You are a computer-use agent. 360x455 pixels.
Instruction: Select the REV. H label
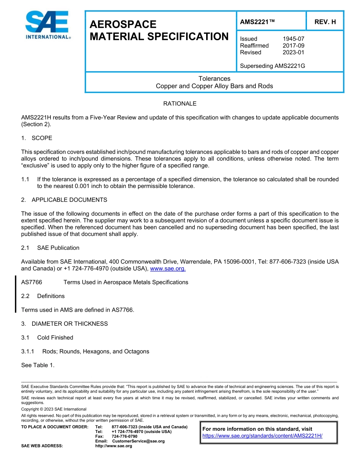point(325,22)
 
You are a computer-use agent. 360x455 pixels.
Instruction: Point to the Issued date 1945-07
point(293,39)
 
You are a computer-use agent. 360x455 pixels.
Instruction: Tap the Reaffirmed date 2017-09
point(293,45)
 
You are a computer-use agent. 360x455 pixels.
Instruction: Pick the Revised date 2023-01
point(293,52)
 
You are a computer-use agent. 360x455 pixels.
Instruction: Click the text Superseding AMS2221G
point(272,66)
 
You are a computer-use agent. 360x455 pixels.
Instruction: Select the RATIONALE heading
point(180,104)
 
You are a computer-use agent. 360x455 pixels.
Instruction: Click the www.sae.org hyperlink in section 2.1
point(168,268)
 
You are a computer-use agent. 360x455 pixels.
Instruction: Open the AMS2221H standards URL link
point(262,436)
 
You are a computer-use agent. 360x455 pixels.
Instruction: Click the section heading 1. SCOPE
point(37,138)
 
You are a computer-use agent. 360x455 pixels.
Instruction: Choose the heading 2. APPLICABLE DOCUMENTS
point(64,200)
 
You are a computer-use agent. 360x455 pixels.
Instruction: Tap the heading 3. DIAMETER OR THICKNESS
point(64,324)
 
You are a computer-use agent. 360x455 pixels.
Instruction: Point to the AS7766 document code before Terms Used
point(31,282)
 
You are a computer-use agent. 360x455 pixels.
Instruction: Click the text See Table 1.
point(38,365)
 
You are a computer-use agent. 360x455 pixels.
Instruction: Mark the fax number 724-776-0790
point(125,436)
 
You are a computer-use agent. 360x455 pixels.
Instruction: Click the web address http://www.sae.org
point(113,446)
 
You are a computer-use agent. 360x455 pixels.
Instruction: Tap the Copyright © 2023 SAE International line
point(54,409)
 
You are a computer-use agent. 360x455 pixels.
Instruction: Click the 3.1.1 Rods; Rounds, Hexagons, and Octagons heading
point(85,351)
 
